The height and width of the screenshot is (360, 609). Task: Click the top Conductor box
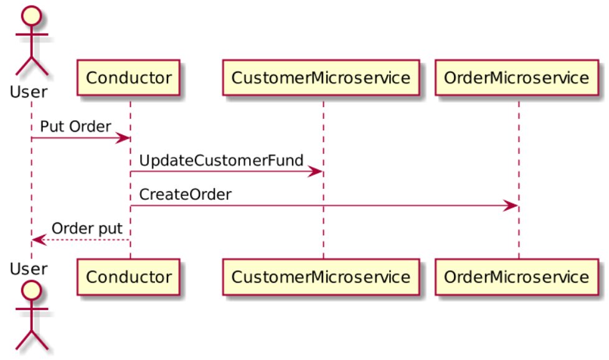pyautogui.click(x=128, y=78)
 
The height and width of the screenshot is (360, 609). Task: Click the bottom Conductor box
pyautogui.click(x=128, y=276)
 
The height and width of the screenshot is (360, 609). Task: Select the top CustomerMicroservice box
pyautogui.click(x=321, y=78)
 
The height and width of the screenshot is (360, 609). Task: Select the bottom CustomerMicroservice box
pyautogui.click(x=321, y=276)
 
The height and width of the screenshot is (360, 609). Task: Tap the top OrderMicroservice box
pyautogui.click(x=517, y=78)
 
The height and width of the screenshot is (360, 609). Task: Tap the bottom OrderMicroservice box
pyautogui.click(x=517, y=276)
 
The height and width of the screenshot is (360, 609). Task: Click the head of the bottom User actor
pyautogui.click(x=30, y=290)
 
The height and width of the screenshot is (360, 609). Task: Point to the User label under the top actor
pyautogui.click(x=28, y=92)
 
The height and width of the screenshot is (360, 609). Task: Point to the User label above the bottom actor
pyautogui.click(x=28, y=269)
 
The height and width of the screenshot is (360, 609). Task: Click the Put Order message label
pyautogui.click(x=75, y=126)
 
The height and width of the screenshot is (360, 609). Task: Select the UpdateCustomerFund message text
pyautogui.click(x=221, y=160)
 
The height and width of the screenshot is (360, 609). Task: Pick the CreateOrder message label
pyautogui.click(x=185, y=194)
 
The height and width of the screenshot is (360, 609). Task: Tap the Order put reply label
pyautogui.click(x=87, y=229)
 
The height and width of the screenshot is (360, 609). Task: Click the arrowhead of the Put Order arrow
pyautogui.click(x=124, y=138)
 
